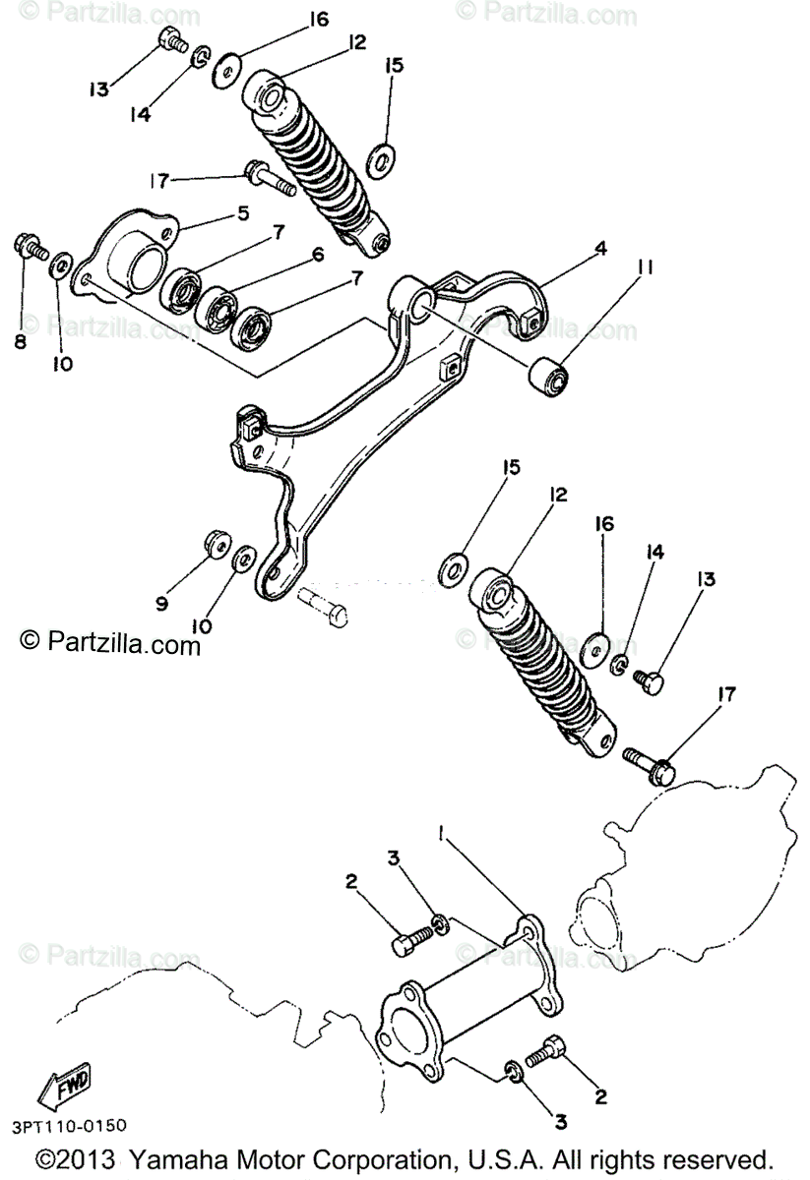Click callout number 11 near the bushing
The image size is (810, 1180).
click(646, 266)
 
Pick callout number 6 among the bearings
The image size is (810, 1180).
click(318, 255)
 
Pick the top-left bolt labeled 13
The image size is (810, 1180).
click(173, 41)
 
